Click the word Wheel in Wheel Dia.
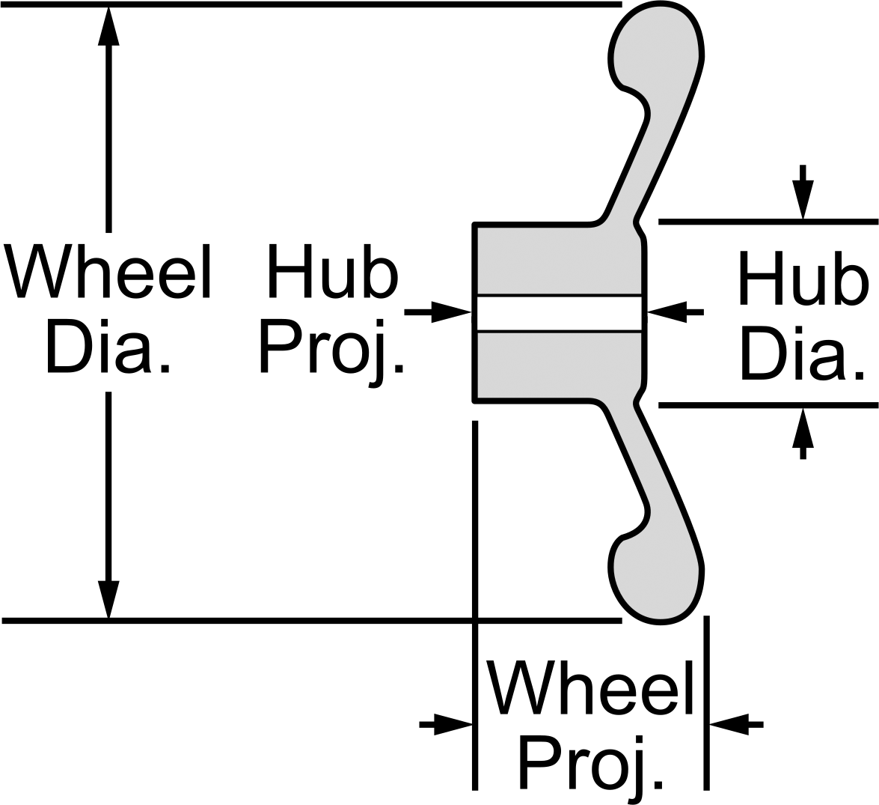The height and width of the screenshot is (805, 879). pyautogui.click(x=107, y=271)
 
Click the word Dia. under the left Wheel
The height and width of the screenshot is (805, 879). pyautogui.click(x=107, y=346)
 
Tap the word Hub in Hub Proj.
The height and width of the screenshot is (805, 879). pyautogui.click(x=332, y=271)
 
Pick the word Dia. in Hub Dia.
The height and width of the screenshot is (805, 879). pyautogui.click(x=802, y=354)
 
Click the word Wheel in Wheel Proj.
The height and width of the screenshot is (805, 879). pyautogui.click(x=592, y=687)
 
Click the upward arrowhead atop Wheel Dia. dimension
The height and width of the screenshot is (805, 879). pyautogui.click(x=108, y=25)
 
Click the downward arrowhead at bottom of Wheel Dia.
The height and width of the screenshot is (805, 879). pyautogui.click(x=108, y=599)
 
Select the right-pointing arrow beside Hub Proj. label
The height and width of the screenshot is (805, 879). pyautogui.click(x=438, y=312)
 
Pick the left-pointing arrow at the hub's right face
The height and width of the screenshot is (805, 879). pyautogui.click(x=676, y=312)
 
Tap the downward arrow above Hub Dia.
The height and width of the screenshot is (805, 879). pyautogui.click(x=803, y=192)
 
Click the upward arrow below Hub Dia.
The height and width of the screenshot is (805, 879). pyautogui.click(x=803, y=433)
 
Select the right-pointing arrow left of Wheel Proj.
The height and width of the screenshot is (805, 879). pyautogui.click(x=446, y=724)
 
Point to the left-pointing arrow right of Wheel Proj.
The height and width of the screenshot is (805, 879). pyautogui.click(x=736, y=724)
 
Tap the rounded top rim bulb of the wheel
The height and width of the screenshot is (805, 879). pyautogui.click(x=655, y=45)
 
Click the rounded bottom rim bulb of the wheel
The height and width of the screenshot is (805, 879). pyautogui.click(x=655, y=580)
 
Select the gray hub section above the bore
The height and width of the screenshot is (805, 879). pyautogui.click(x=559, y=259)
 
